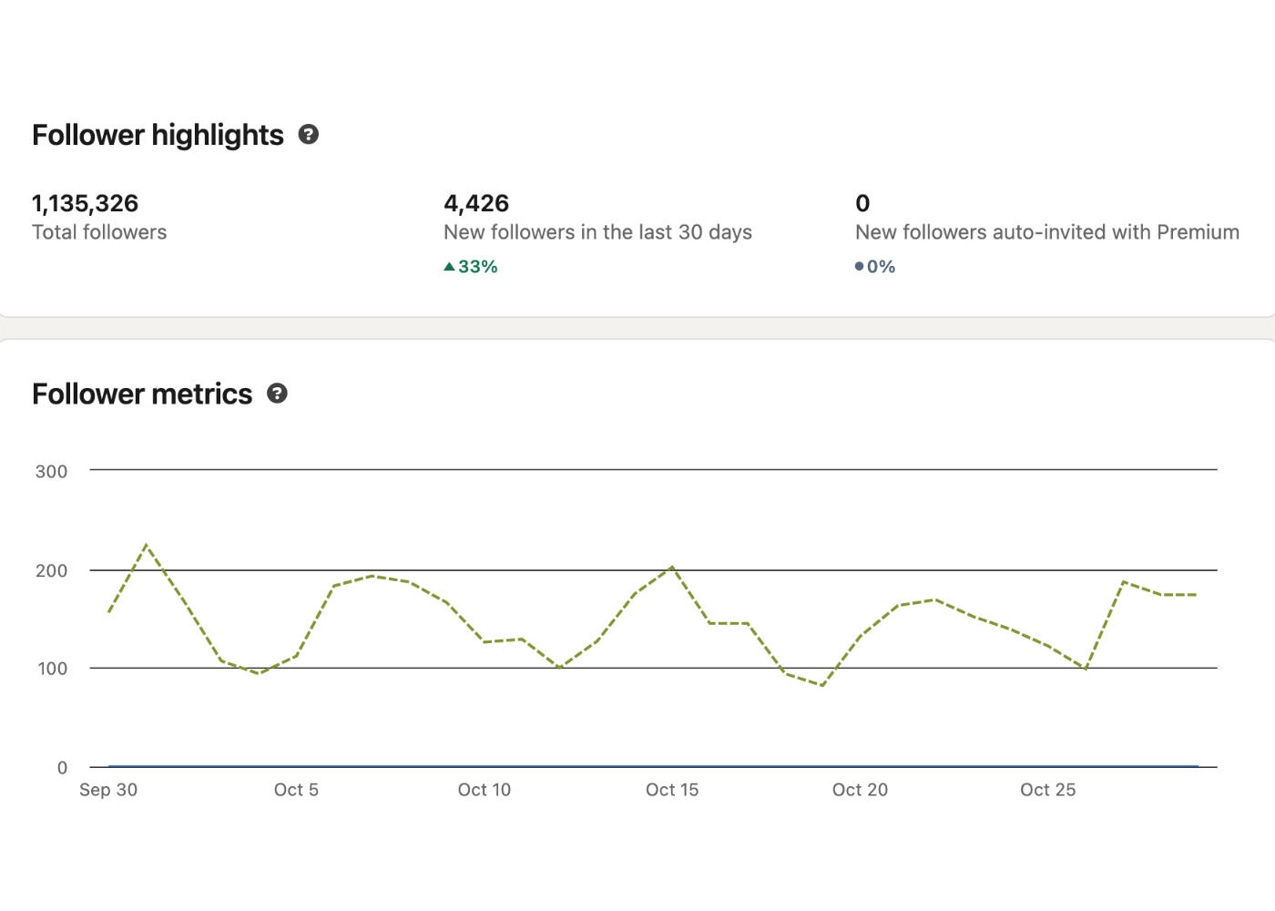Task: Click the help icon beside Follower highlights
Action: click(x=309, y=135)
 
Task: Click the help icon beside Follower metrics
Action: click(x=277, y=394)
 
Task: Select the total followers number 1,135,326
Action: click(x=85, y=203)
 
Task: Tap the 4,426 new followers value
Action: click(x=476, y=203)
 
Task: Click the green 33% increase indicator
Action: click(x=471, y=267)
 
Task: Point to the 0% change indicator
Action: click(x=875, y=267)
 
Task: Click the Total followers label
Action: click(x=99, y=232)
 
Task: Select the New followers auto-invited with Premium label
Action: click(x=1046, y=232)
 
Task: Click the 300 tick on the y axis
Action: click(x=51, y=472)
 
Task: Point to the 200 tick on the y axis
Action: click(x=51, y=571)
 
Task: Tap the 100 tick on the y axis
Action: click(x=51, y=669)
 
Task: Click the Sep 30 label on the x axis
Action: click(x=108, y=790)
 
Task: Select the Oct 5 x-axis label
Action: click(x=296, y=790)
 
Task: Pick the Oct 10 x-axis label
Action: click(x=484, y=790)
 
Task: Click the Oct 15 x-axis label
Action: click(x=672, y=790)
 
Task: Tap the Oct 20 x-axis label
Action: click(x=860, y=790)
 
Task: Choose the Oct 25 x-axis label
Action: click(x=1047, y=790)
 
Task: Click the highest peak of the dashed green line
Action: click(x=147, y=545)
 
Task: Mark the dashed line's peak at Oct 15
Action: click(x=672, y=567)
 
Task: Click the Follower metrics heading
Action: click(x=142, y=394)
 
